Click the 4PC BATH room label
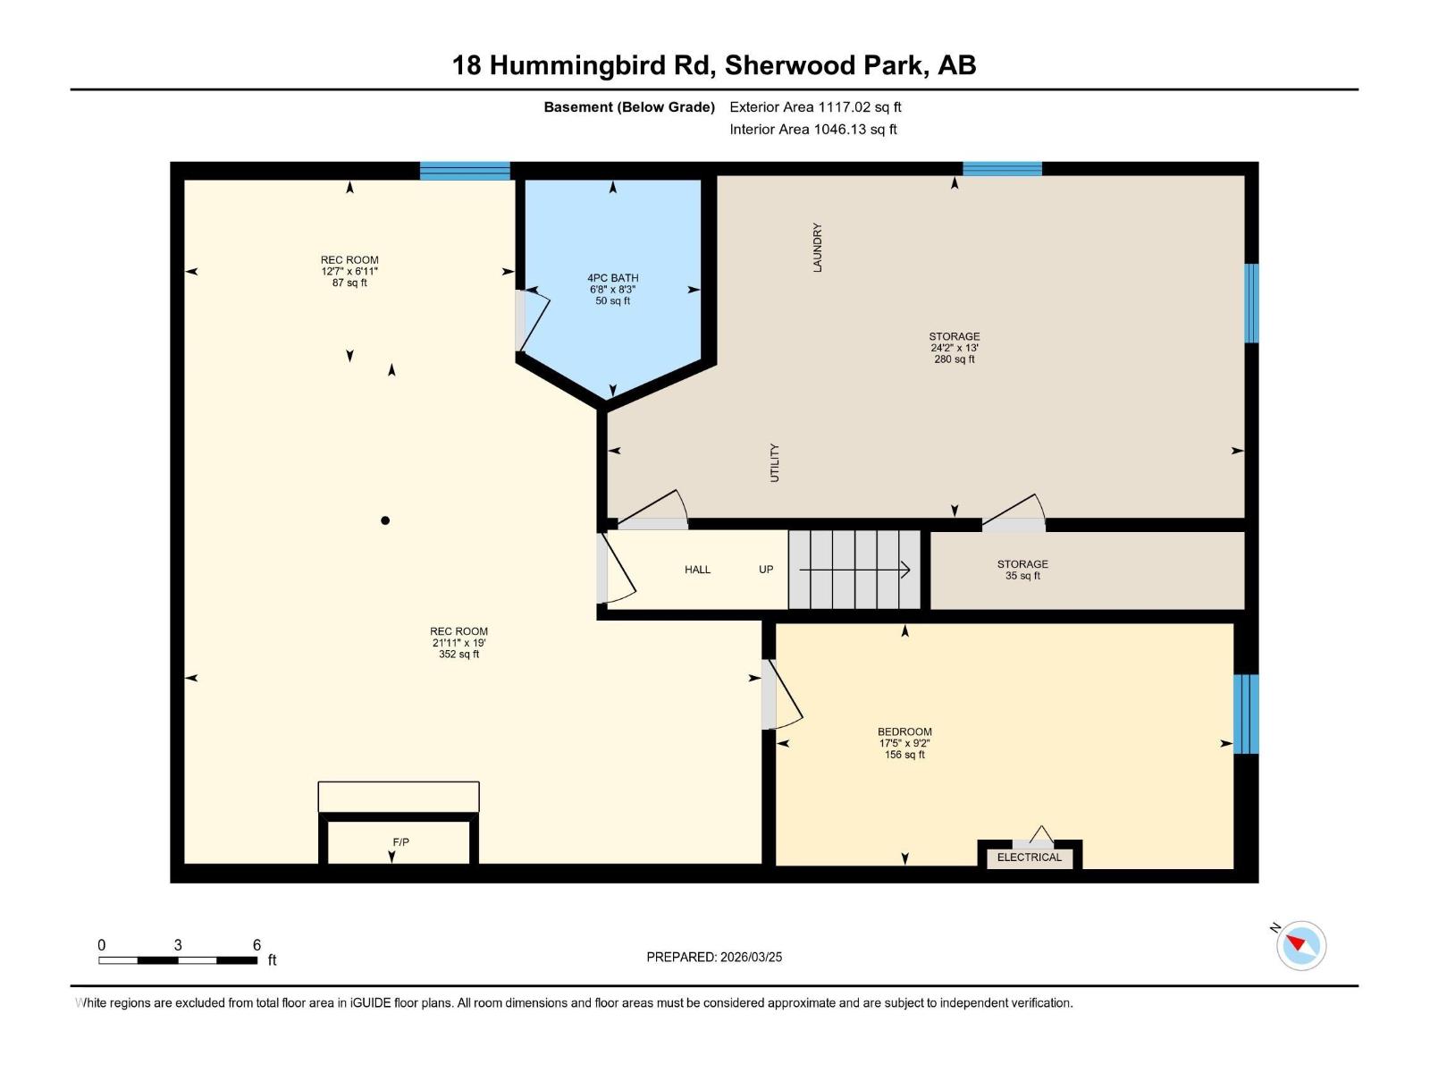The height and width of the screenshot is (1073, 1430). (x=612, y=278)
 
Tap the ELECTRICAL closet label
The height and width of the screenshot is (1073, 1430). (x=1029, y=858)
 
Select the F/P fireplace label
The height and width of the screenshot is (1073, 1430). (x=400, y=842)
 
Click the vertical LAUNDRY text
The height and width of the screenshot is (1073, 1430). (x=817, y=248)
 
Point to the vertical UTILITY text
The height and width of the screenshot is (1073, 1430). (x=775, y=462)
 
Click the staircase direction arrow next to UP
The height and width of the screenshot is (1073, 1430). (x=854, y=570)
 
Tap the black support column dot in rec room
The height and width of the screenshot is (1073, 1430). (x=385, y=520)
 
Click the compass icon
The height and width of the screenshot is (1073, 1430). (x=1300, y=945)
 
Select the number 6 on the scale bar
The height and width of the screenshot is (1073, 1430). (x=257, y=945)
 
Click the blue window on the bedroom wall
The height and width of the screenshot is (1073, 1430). (x=1247, y=714)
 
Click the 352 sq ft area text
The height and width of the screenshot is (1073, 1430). (x=458, y=655)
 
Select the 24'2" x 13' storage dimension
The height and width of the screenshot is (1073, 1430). (x=954, y=348)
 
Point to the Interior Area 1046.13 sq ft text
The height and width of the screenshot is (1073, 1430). (x=812, y=130)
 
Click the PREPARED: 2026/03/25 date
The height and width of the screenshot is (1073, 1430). (x=714, y=957)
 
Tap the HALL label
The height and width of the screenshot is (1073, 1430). (x=697, y=570)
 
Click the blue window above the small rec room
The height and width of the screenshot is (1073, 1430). (x=465, y=171)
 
